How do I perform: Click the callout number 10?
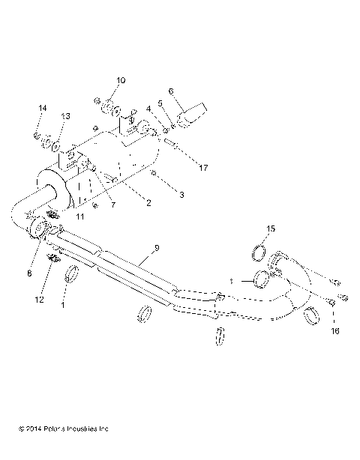(x=121, y=80)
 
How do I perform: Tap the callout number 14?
(x=42, y=109)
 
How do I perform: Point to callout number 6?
(x=170, y=92)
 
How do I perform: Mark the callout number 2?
(x=148, y=203)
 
